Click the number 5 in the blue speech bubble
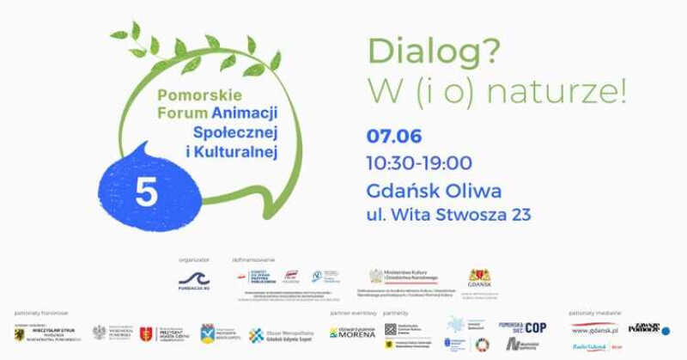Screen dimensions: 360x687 click(146, 192)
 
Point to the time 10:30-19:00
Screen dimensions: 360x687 click(419, 162)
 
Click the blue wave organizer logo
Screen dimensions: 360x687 click(194, 277)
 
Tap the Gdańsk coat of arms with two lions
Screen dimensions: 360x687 click(479, 277)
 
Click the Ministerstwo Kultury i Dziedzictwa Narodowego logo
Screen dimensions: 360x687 click(404, 277)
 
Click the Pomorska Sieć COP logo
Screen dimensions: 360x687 click(522, 327)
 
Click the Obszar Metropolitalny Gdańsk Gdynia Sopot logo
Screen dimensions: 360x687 click(280, 334)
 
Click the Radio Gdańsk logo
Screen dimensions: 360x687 click(591, 346)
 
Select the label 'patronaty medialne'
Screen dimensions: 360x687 click(592, 313)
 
